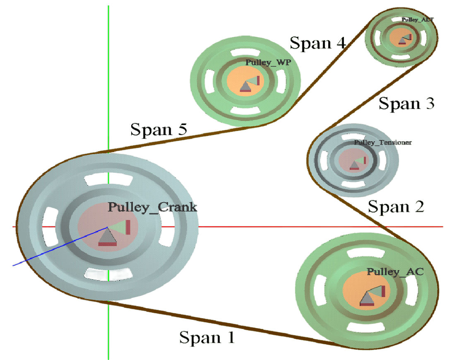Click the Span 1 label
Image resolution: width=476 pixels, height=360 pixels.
tap(207, 337)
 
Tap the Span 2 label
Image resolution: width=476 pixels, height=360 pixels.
tap(396, 206)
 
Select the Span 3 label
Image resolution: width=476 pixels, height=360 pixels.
tap(406, 103)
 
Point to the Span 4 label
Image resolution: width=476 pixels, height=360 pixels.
tap(317, 43)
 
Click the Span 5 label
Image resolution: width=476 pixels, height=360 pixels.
tap(159, 129)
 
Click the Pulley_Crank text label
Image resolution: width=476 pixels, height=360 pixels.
tap(152, 207)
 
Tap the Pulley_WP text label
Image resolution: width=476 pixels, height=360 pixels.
tap(268, 63)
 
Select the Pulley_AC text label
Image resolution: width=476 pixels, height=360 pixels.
tap(395, 272)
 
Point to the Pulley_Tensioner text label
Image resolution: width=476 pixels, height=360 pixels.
tap(383, 143)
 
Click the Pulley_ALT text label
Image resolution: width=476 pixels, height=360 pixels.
tap(418, 19)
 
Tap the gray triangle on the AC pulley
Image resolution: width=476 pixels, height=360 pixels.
tap(367, 298)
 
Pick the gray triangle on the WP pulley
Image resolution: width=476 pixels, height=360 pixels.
tap(246, 86)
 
